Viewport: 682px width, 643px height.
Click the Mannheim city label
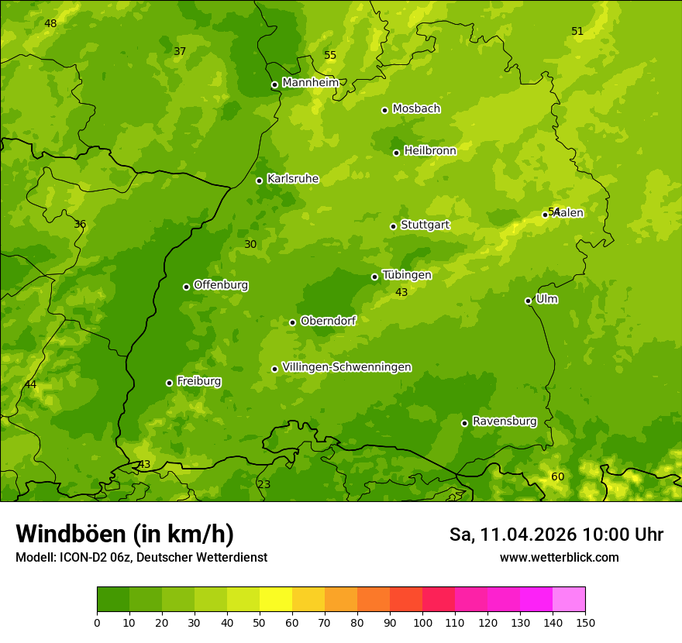310,82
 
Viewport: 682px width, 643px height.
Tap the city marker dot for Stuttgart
393,226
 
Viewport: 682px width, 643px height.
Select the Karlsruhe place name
293,179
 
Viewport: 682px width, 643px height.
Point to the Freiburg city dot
169,383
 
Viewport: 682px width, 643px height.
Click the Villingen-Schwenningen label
346,367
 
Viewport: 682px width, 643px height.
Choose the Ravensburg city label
505,421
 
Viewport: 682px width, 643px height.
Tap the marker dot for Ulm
528,301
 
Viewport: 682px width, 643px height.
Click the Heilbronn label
430,151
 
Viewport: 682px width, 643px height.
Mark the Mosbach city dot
384,110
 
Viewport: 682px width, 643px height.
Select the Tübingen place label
407,275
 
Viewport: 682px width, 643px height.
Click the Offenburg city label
221,285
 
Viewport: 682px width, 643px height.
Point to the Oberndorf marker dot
292,322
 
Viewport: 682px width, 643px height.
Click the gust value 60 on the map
557,476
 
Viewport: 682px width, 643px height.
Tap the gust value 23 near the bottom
264,484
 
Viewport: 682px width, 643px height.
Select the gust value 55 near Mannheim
330,55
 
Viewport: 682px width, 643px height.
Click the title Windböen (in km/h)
125,534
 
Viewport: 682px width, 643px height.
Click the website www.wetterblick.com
559,557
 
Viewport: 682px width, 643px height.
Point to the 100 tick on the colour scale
422,622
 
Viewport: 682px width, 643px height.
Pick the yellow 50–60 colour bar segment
276,599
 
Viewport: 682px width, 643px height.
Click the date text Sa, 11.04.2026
513,535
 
